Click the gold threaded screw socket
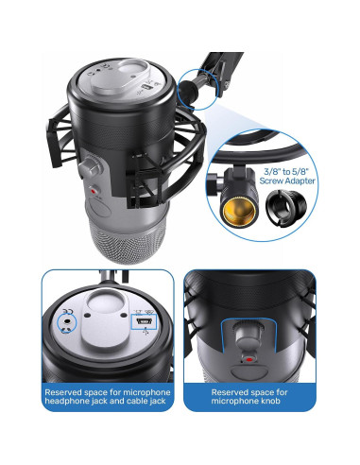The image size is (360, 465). click(239, 211)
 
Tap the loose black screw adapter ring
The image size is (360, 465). click(286, 206)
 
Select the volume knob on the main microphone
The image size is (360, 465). click(91, 165)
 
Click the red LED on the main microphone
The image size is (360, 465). click(94, 191)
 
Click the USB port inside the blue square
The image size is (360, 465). click(142, 321)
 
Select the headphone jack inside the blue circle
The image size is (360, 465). click(68, 321)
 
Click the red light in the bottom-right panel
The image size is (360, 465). click(249, 359)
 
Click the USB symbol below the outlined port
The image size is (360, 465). click(146, 332)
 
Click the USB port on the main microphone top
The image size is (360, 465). click(146, 86)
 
